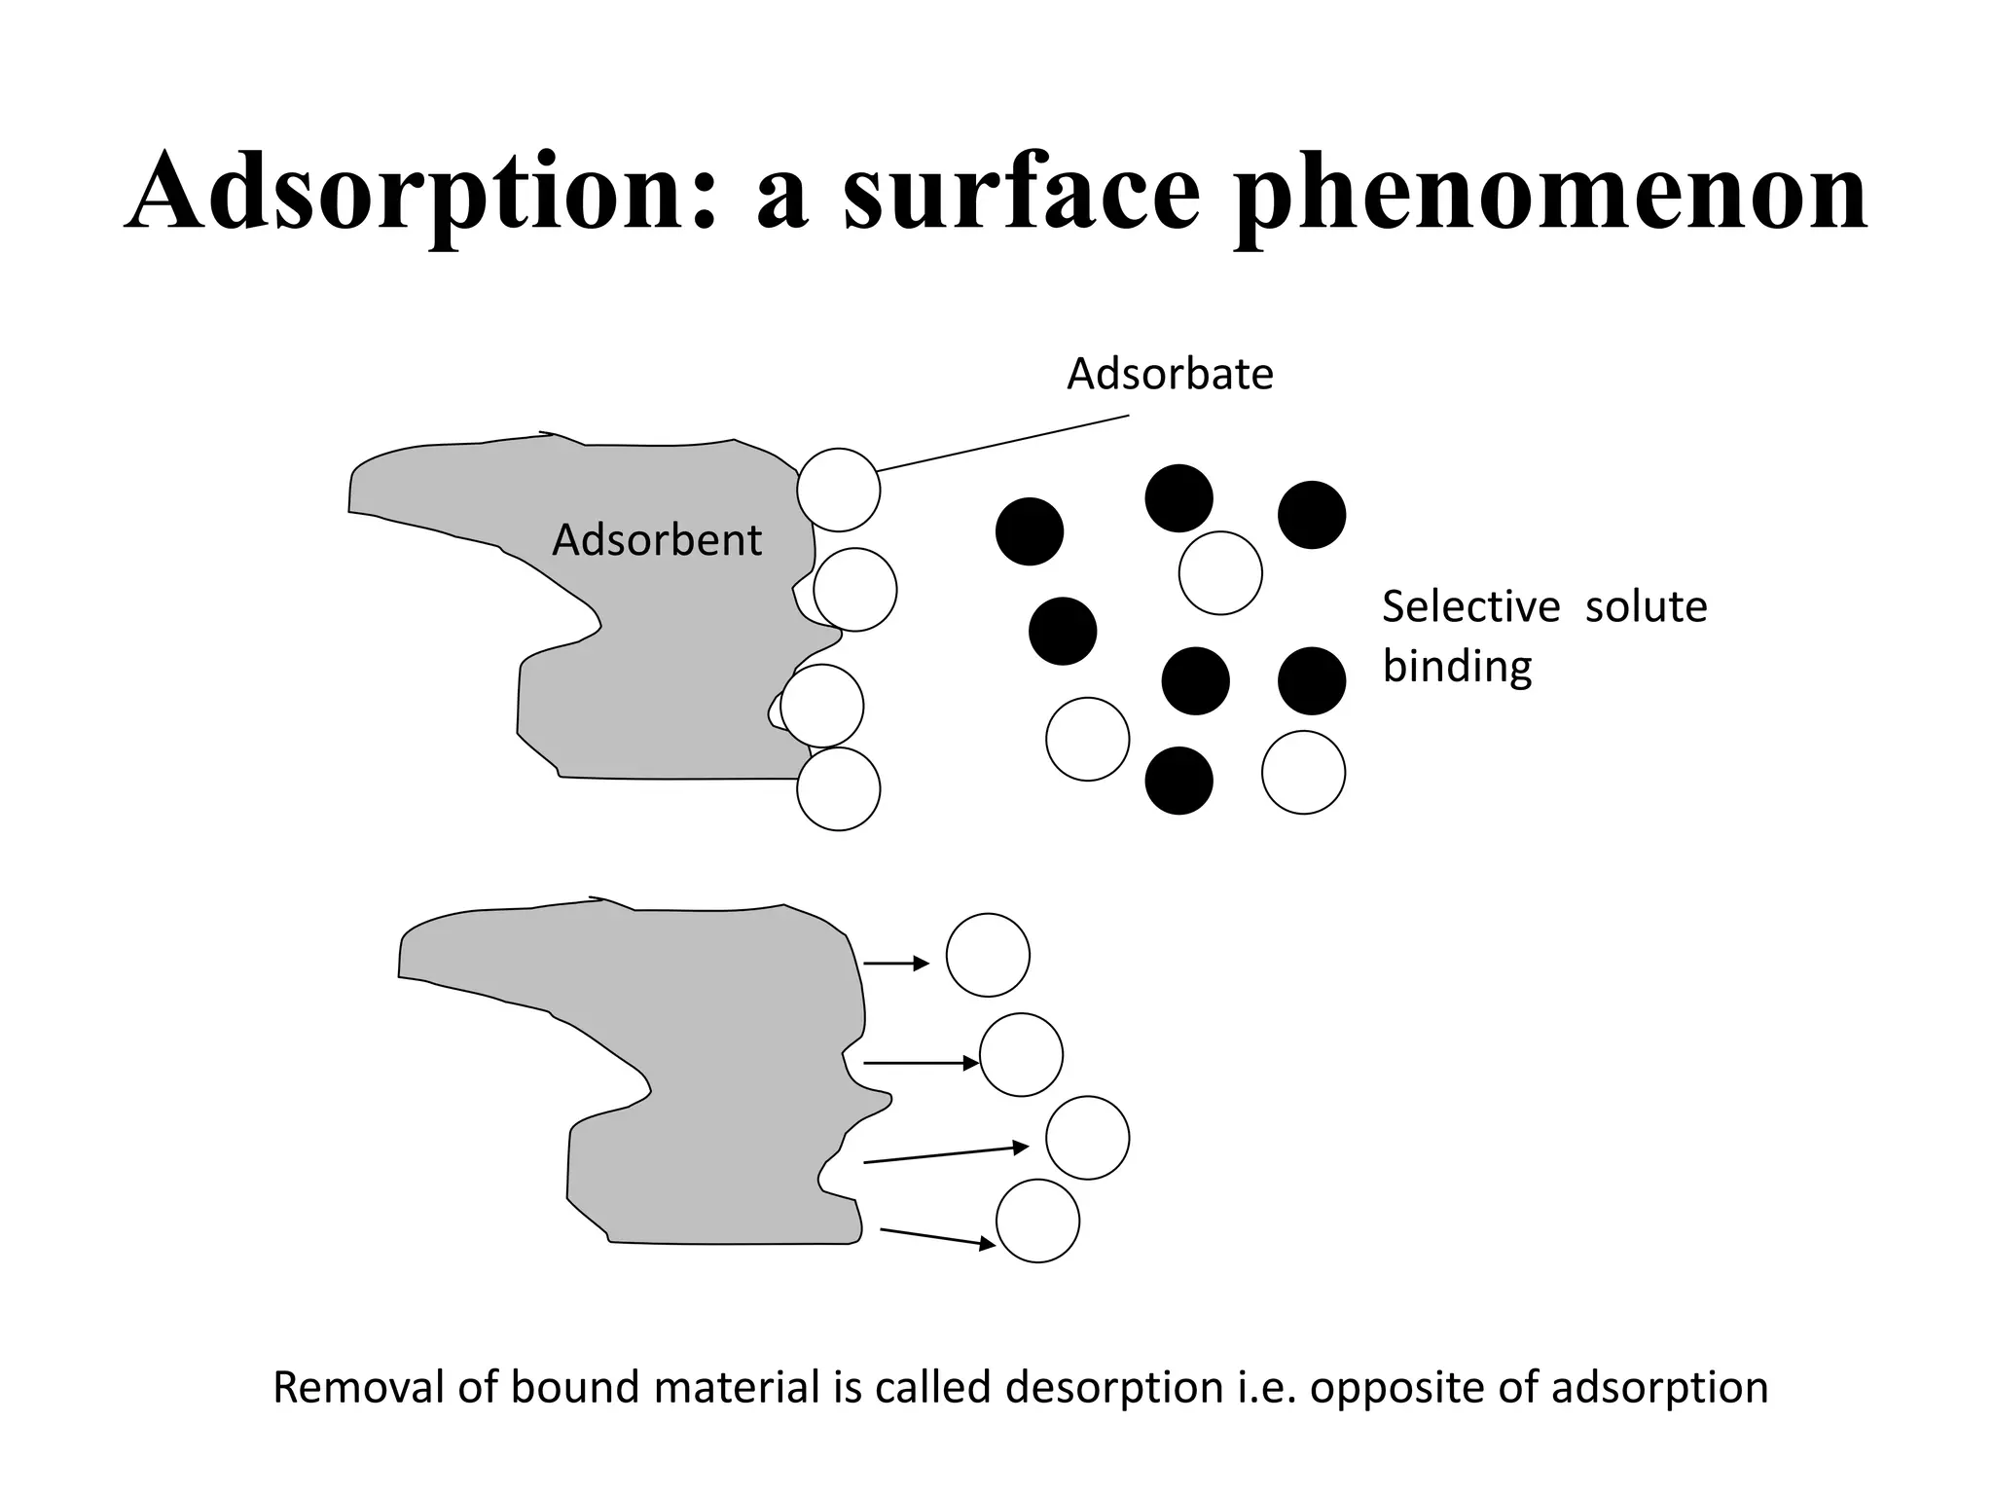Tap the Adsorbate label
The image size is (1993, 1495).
[1170, 375]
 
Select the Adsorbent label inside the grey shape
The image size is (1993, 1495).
[656, 540]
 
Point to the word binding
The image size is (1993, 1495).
[1457, 668]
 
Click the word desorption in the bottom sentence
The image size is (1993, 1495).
[1113, 1387]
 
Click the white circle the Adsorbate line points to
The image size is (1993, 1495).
[838, 490]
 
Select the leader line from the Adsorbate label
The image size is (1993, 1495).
[1002, 444]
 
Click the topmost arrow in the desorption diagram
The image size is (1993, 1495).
[896, 964]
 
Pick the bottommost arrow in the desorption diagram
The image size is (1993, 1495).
[937, 1237]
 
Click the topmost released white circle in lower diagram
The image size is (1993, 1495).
[988, 955]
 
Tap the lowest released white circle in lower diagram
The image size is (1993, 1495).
[1037, 1221]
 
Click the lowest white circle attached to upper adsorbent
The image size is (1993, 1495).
[838, 788]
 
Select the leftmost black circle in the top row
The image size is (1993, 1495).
[1030, 531]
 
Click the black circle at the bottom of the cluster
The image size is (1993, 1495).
[1178, 780]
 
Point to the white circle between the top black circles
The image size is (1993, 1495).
[1220, 572]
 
